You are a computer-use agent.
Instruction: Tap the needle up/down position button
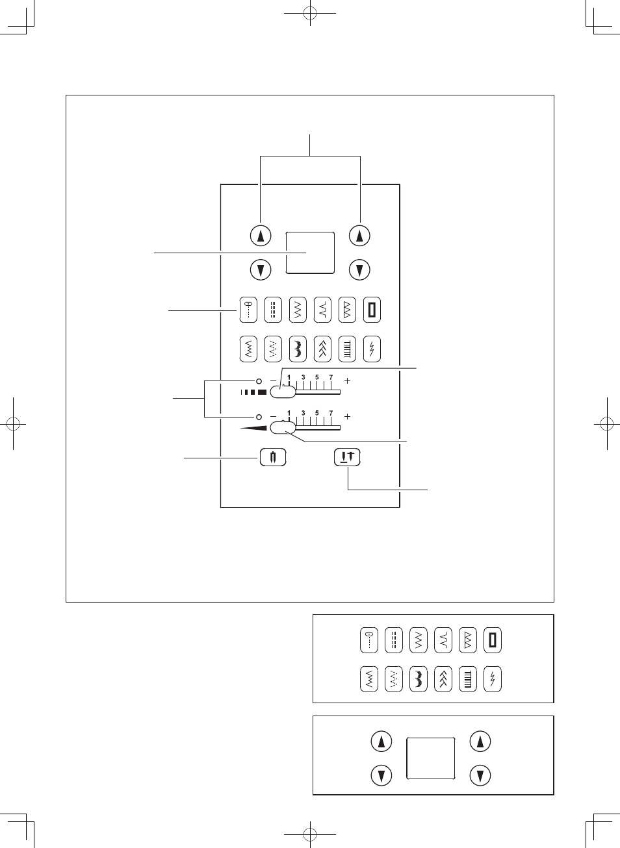347,457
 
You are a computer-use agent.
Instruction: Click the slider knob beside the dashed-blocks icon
283,392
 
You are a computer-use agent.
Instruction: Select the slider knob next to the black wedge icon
283,427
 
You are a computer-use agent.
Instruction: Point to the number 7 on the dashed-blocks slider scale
331,377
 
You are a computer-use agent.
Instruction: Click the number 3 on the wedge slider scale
303,413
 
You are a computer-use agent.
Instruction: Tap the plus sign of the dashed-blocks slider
347,380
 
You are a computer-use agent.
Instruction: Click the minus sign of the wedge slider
273,416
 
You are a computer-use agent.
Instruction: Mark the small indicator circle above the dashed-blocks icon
258,380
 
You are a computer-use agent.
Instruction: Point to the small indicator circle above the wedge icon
258,416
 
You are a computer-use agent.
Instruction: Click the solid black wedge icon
254,428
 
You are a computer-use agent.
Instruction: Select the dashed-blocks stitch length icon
253,392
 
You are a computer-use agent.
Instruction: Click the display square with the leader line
310,253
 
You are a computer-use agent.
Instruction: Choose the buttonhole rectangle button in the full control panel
372,310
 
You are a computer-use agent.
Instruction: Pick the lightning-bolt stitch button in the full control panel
372,349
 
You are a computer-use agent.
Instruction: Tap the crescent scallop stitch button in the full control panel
298,349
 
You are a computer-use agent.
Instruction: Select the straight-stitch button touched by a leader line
248,310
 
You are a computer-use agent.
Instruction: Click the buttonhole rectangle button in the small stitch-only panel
493,640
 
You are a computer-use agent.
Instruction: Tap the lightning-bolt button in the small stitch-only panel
493,679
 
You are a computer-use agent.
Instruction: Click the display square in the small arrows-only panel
430,758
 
